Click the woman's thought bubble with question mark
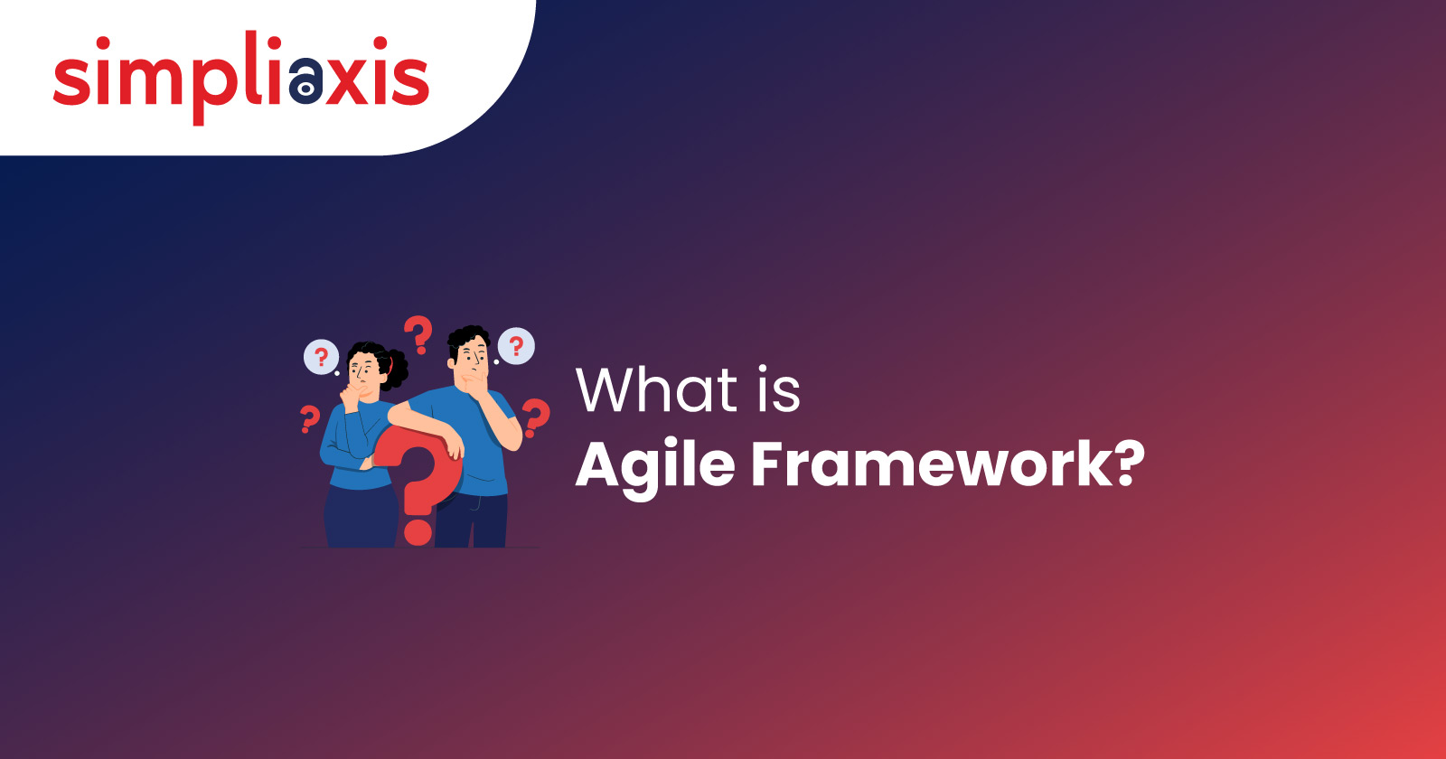point(322,357)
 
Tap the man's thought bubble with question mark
point(516,347)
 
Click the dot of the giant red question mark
point(418,532)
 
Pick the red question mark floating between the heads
point(418,334)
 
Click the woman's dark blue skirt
point(361,516)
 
